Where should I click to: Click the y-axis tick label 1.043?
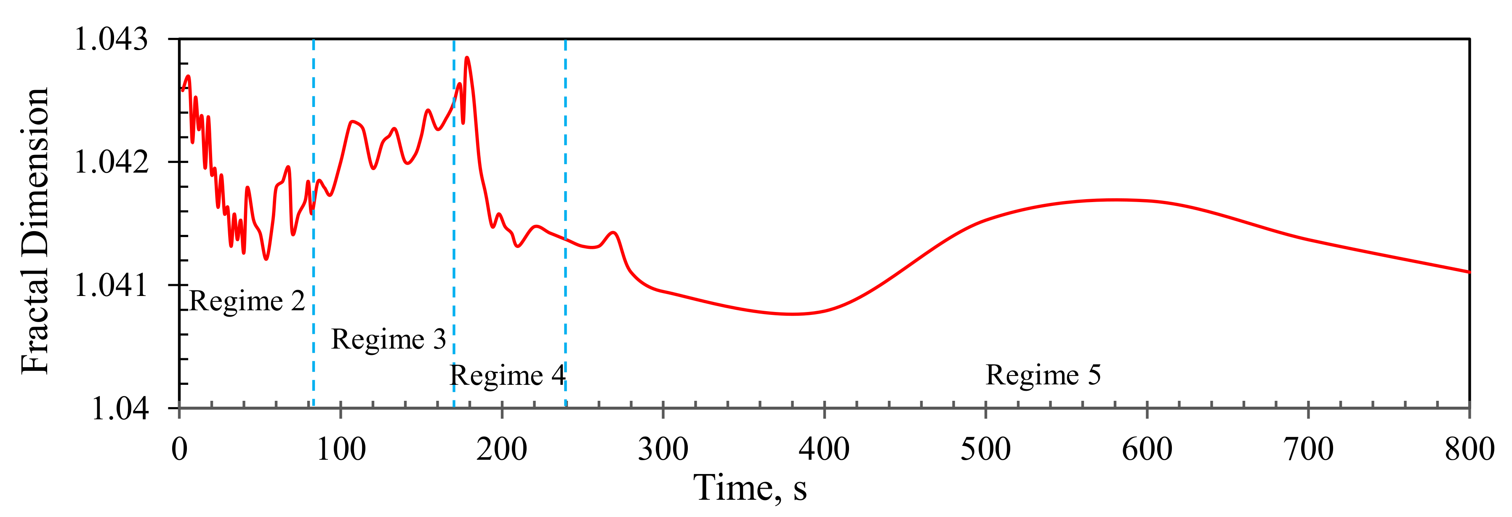[112, 40]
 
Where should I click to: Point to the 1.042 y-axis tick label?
[112, 162]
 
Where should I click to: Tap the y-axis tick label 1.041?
[112, 286]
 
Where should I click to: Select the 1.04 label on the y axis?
[120, 408]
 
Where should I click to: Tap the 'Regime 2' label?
[247, 301]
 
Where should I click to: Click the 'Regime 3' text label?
[389, 339]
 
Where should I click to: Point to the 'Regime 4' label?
[507, 376]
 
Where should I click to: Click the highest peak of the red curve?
[467, 58]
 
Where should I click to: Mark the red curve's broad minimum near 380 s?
[792, 314]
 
